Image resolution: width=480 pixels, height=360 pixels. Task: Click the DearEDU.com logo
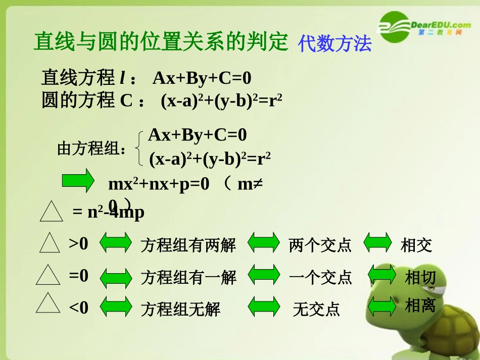[425, 27]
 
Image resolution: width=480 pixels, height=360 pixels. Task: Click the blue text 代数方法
[334, 44]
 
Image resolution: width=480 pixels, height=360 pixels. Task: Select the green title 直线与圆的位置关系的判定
[161, 41]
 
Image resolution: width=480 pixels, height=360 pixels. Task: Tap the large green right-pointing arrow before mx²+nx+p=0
[78, 181]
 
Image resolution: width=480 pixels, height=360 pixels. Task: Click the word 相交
[416, 245]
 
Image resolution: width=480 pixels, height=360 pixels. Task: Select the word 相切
[420, 277]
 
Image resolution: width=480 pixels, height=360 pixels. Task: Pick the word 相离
[420, 305]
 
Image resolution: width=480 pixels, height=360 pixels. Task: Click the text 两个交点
[320, 245]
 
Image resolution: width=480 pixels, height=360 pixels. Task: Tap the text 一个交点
[320, 277]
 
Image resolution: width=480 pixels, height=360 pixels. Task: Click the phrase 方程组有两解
[188, 245]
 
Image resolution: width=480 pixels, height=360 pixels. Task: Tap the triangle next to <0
[49, 304]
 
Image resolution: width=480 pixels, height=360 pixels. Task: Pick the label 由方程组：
[92, 149]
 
